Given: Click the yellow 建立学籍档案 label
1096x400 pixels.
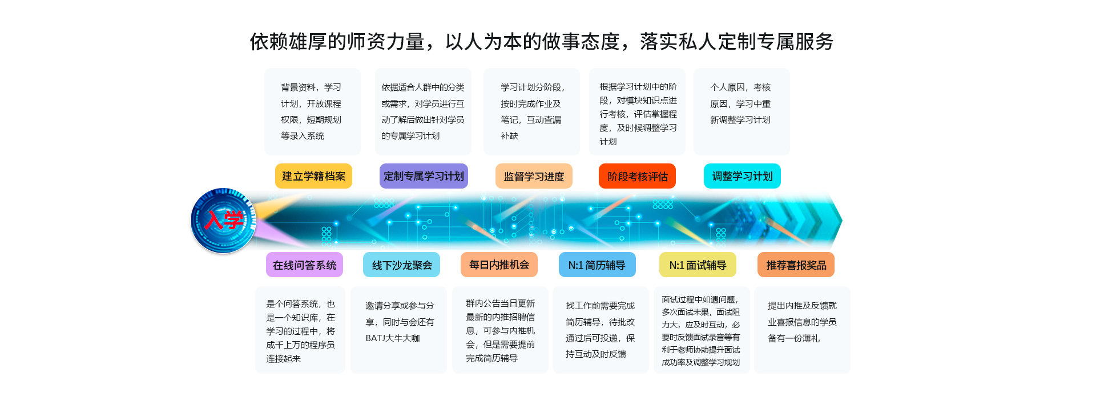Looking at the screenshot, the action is [313, 176].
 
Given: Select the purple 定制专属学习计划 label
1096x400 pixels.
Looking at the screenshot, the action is [424, 176].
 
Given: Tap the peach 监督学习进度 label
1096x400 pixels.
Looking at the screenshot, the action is [534, 176].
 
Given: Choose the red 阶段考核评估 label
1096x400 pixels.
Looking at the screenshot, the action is [637, 176].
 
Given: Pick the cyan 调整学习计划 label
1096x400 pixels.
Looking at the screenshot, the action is [742, 176].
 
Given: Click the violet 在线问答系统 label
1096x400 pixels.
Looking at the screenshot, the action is [304, 265].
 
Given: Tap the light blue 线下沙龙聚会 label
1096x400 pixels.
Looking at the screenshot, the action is [401, 265].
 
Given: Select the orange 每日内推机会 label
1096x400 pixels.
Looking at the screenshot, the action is [499, 265].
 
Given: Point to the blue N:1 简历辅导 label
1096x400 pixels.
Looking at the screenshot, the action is [597, 265].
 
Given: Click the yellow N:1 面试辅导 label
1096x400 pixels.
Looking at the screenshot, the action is [698, 265].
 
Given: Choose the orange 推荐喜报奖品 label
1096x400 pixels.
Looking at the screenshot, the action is [796, 265].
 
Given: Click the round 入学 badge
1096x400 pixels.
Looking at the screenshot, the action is [223, 220].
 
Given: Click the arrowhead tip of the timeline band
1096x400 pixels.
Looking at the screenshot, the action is [842, 220].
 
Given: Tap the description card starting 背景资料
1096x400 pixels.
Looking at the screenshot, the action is [312, 111].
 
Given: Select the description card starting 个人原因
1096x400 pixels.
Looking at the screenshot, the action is [742, 111].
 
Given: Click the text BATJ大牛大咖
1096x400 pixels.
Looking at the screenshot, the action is [393, 338].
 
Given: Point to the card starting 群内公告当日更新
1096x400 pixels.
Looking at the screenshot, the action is [500, 330].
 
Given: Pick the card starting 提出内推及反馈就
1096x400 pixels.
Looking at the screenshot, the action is [802, 330].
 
